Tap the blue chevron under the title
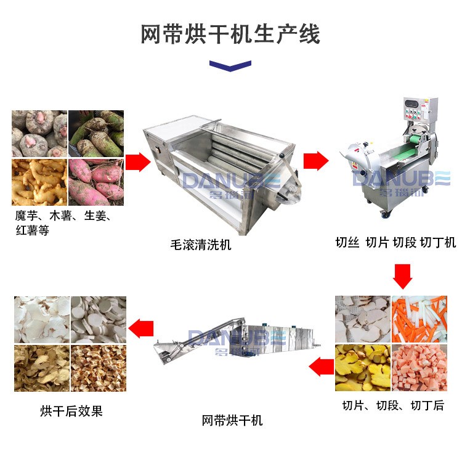(230, 65)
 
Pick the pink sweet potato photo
(95, 182)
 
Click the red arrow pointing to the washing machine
(139, 163)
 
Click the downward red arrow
(403, 275)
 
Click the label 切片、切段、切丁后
(393, 405)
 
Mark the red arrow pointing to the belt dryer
(320, 368)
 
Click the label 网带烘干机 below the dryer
(232, 420)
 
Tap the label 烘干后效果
(71, 410)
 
